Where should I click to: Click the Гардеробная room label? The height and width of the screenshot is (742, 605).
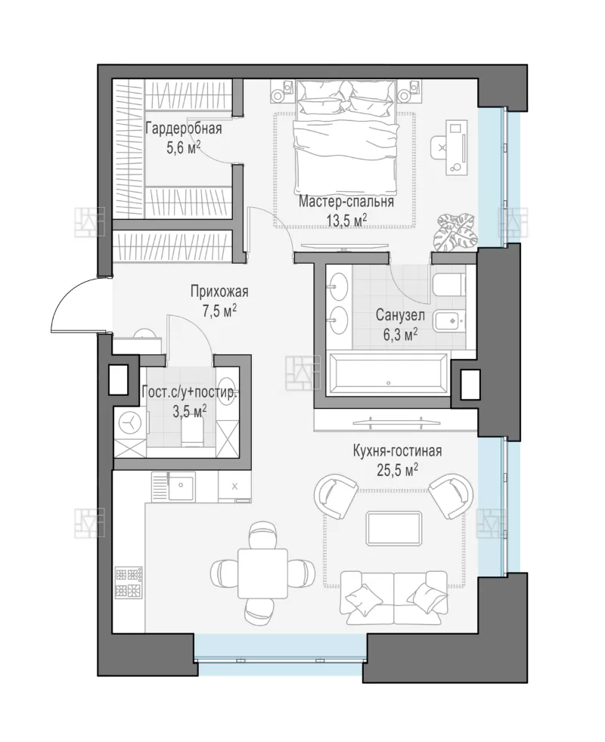(x=183, y=128)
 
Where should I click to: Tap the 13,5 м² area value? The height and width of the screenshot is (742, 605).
(x=347, y=219)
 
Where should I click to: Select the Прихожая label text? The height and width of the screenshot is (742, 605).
(x=219, y=292)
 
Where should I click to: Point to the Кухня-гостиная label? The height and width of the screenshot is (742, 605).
(x=397, y=451)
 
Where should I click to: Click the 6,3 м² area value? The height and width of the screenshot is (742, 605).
(x=400, y=335)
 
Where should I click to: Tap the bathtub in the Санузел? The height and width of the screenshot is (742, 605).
(x=387, y=374)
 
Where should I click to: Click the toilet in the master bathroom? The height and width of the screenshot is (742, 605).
(x=448, y=285)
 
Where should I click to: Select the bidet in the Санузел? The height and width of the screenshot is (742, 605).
(x=449, y=321)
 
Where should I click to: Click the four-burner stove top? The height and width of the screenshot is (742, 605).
(x=129, y=582)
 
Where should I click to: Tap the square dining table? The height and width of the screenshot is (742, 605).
(x=262, y=574)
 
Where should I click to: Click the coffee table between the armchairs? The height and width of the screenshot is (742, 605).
(x=394, y=529)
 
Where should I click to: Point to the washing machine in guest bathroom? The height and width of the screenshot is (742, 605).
(x=130, y=422)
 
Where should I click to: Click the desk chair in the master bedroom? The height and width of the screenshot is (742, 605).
(x=441, y=147)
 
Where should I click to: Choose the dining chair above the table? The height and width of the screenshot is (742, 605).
(x=262, y=535)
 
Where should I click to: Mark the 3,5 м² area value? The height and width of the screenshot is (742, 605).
(x=190, y=411)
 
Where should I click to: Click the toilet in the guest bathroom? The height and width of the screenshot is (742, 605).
(x=192, y=432)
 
